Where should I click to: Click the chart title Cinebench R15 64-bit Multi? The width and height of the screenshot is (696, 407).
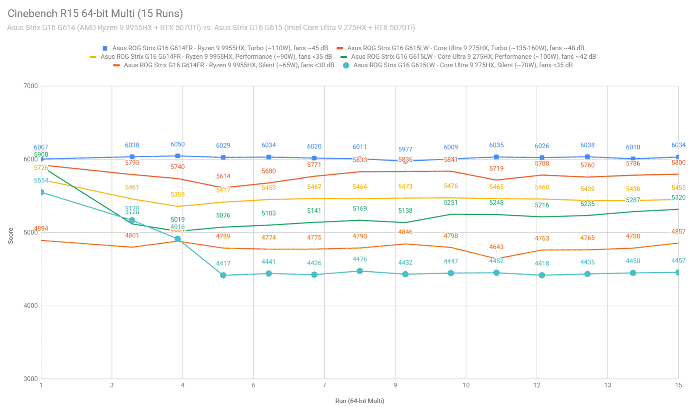[95, 14]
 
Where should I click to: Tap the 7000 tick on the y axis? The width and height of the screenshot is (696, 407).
[31, 86]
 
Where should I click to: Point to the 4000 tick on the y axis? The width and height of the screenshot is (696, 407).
[31, 306]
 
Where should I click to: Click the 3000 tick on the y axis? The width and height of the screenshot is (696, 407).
[31, 379]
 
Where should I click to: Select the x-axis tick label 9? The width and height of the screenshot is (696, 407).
[395, 385]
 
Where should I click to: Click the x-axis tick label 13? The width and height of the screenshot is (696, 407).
[607, 385]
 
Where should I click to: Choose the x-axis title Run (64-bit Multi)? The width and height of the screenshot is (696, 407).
[360, 401]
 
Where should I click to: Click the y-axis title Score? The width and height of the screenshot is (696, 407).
[11, 236]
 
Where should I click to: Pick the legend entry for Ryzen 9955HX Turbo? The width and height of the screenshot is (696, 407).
[220, 48]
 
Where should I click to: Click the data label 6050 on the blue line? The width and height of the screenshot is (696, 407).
[178, 145]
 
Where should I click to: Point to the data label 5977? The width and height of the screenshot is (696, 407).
[405, 149]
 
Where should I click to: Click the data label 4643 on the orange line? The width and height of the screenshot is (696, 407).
[496, 247]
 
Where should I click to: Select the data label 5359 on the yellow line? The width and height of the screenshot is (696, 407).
[178, 194]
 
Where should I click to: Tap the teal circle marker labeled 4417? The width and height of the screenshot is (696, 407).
[223, 276]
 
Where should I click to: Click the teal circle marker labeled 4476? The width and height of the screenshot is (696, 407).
[360, 271]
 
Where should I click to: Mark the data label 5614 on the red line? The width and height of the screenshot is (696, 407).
[223, 176]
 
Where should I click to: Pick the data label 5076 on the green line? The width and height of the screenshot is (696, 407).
[223, 215]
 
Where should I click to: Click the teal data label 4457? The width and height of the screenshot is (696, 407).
[678, 260]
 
